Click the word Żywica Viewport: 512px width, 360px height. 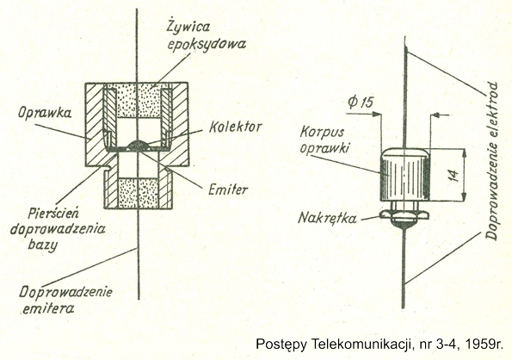click(188, 27)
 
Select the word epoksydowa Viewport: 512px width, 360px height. click(207, 44)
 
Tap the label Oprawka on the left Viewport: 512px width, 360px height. click(45, 113)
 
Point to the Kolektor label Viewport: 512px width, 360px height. click(235, 127)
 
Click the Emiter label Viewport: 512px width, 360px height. click(228, 189)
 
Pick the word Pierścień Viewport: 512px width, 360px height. click(53, 214)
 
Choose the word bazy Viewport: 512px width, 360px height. click(42, 245)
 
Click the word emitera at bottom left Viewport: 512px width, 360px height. click(48, 308)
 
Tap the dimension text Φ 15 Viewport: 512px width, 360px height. click(361, 102)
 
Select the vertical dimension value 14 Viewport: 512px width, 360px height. click(453, 175)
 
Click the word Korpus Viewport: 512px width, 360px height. click(323, 133)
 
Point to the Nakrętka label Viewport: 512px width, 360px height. click(328, 218)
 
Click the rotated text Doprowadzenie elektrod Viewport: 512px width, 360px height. click(491, 161)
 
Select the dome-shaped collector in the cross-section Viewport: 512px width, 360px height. click(139, 145)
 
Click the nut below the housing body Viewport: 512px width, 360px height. click(404, 215)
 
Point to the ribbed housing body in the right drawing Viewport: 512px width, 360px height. click(404, 175)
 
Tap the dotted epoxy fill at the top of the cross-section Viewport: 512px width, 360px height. click(138, 100)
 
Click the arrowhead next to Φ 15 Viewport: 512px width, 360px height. click(378, 114)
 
